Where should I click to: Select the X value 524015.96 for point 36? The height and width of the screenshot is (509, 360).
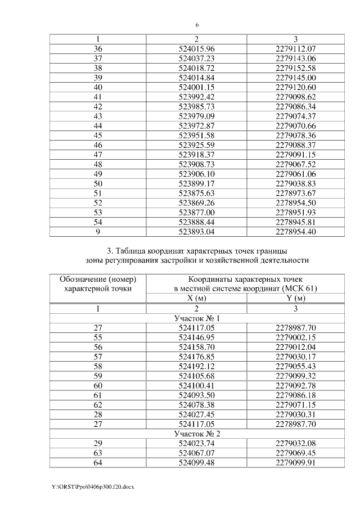pyautogui.click(x=196, y=49)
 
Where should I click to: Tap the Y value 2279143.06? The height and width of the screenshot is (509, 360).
pyautogui.click(x=296, y=58)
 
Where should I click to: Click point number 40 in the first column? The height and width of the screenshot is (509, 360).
pyautogui.click(x=98, y=87)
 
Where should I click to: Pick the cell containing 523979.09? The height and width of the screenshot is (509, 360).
pyautogui.click(x=196, y=116)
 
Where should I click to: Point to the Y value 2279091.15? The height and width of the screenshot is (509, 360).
pyautogui.click(x=296, y=154)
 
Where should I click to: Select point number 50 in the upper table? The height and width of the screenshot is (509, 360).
pyautogui.click(x=98, y=183)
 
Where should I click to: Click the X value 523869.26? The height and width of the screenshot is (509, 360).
pyautogui.click(x=196, y=202)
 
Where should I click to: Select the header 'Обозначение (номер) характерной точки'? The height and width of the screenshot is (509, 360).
pyautogui.click(x=98, y=283)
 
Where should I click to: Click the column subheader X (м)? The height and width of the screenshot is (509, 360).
pyautogui.click(x=196, y=298)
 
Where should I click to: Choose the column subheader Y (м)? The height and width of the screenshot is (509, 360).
pyautogui.click(x=296, y=298)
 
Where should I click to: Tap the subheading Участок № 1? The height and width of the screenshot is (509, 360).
pyautogui.click(x=196, y=318)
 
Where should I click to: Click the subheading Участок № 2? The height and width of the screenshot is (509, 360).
pyautogui.click(x=196, y=435)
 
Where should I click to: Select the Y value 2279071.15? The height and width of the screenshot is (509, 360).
pyautogui.click(x=296, y=406)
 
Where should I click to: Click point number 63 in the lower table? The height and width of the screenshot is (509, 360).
pyautogui.click(x=98, y=454)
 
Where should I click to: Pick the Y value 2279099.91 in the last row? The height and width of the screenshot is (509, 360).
pyautogui.click(x=296, y=463)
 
